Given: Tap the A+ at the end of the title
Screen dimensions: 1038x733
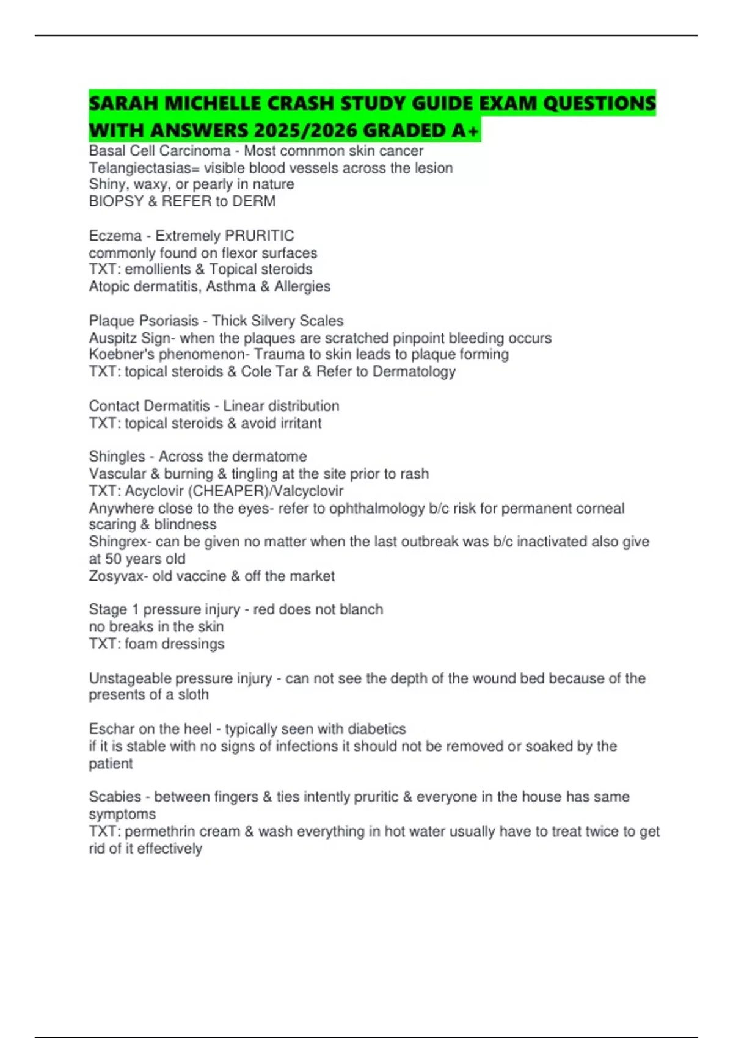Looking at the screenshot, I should (469, 131).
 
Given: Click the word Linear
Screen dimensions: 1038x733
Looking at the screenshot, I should (243, 406).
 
